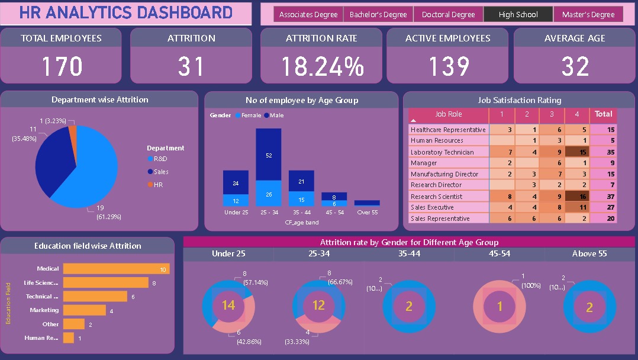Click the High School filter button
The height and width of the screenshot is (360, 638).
click(518, 15)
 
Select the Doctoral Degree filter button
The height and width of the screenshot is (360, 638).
click(448, 15)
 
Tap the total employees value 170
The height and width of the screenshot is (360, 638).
click(61, 66)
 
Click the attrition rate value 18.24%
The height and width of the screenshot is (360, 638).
click(321, 66)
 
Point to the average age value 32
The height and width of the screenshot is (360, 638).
click(575, 66)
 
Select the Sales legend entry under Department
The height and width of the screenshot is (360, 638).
click(161, 172)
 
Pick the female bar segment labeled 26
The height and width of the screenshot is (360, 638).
click(269, 194)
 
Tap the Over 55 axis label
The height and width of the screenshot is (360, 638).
click(367, 212)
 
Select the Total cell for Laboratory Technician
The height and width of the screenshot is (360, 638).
click(603, 152)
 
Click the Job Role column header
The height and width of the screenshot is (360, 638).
click(449, 114)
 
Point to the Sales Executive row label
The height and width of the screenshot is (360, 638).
click(432, 208)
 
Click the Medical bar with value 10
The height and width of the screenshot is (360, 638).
click(116, 269)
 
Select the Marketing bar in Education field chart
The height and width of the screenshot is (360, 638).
click(85, 310)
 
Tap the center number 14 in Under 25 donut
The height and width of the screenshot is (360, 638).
click(228, 306)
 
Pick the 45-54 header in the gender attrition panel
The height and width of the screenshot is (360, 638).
click(499, 254)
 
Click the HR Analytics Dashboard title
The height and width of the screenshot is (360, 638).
click(125, 13)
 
